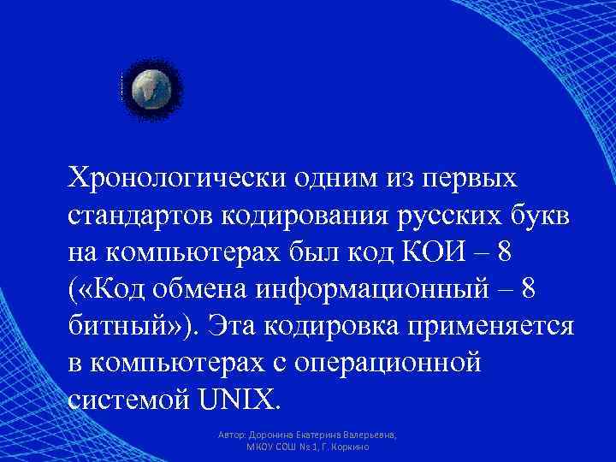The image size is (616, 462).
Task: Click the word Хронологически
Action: pyautogui.click(x=176, y=181)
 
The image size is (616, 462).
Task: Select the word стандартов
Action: pyautogui.click(x=142, y=217)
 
